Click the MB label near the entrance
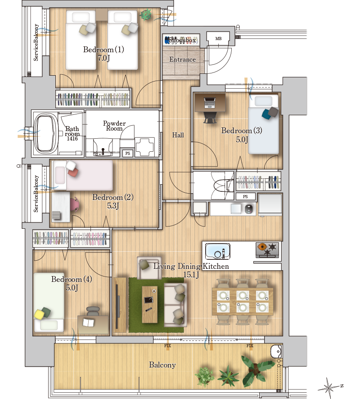(x=218, y=39)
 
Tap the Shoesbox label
(x=182, y=40)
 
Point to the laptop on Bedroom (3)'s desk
(x=210, y=103)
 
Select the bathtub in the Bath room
(x=45, y=133)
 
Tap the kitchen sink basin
(x=218, y=251)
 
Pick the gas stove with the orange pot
(x=267, y=249)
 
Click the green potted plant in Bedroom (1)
(x=146, y=14)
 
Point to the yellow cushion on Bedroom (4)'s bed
(x=40, y=314)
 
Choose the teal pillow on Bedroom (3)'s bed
(x=266, y=114)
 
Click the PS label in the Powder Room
(x=128, y=154)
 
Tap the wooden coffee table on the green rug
(x=149, y=304)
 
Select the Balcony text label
(x=162, y=365)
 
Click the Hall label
(x=178, y=135)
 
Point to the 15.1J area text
(x=191, y=275)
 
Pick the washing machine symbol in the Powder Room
(x=145, y=147)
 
